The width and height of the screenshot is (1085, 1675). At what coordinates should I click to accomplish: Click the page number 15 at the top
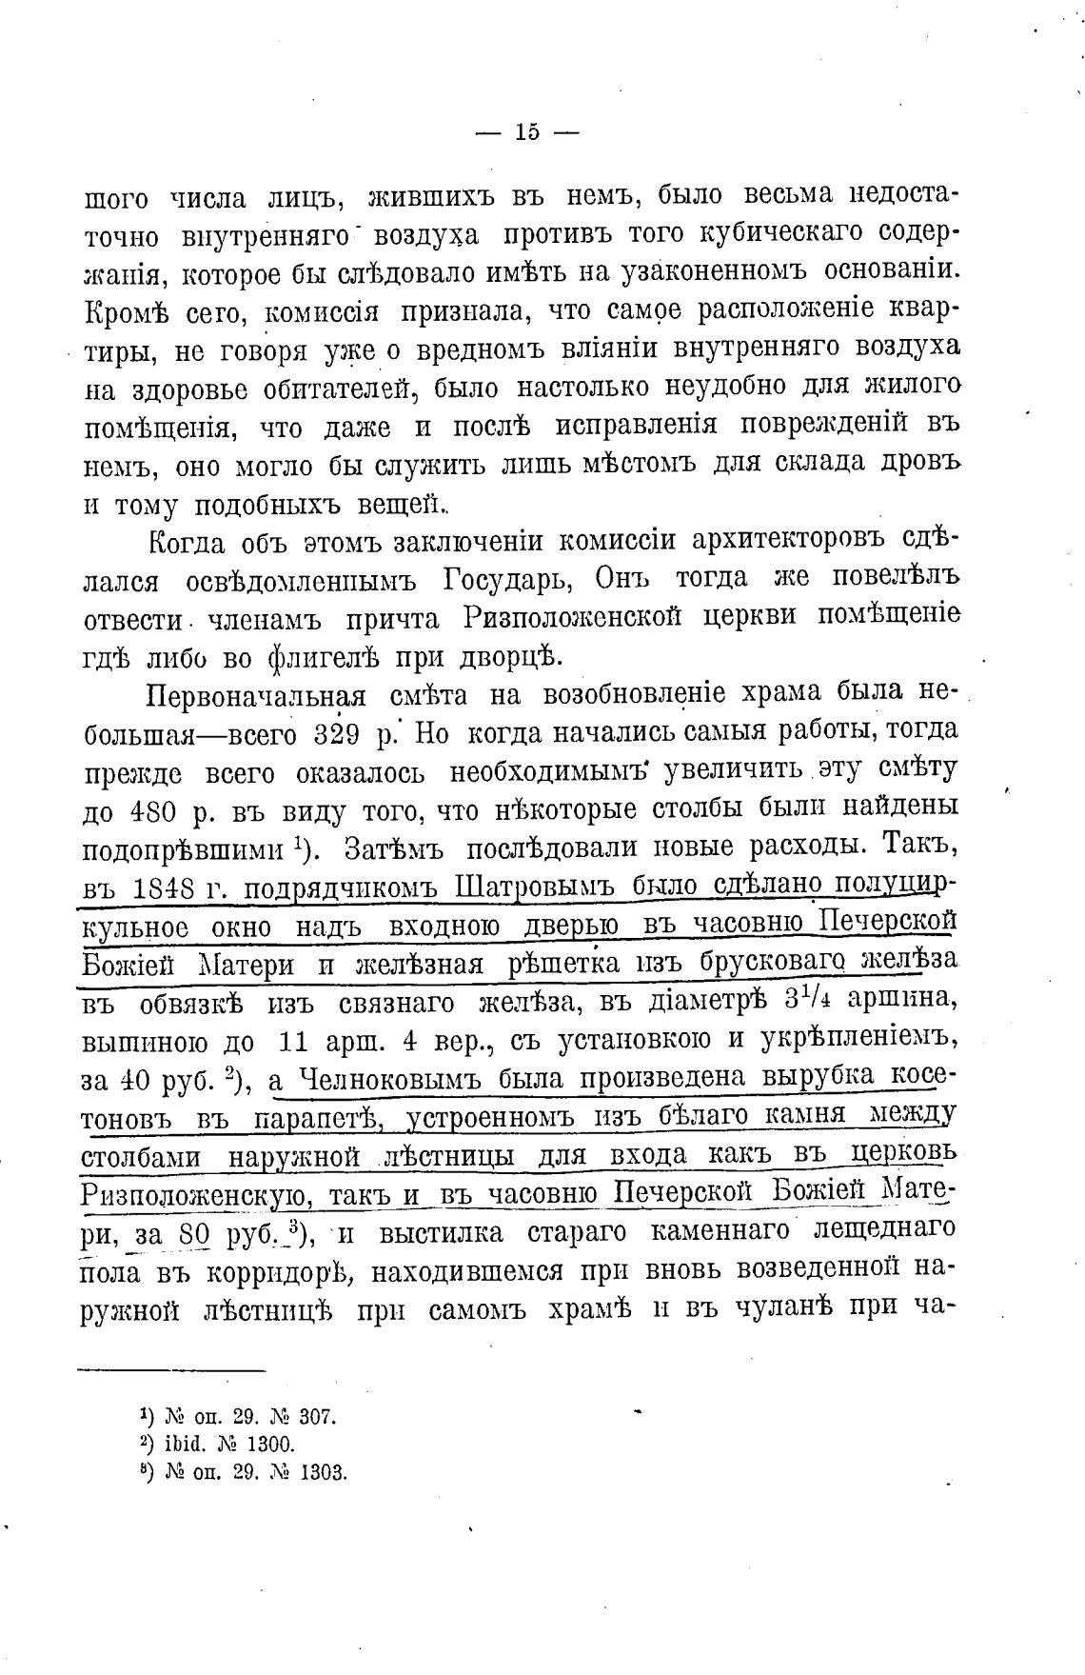tap(527, 132)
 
